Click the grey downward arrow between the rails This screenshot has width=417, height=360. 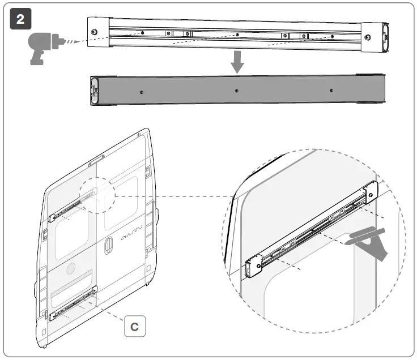[x=237, y=63]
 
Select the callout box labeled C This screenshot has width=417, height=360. [x=134, y=327]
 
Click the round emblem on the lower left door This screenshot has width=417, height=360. [x=71, y=268]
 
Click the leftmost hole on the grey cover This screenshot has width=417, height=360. [x=141, y=92]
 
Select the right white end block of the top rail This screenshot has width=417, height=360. [x=372, y=37]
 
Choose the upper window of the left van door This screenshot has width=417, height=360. [x=72, y=237]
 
